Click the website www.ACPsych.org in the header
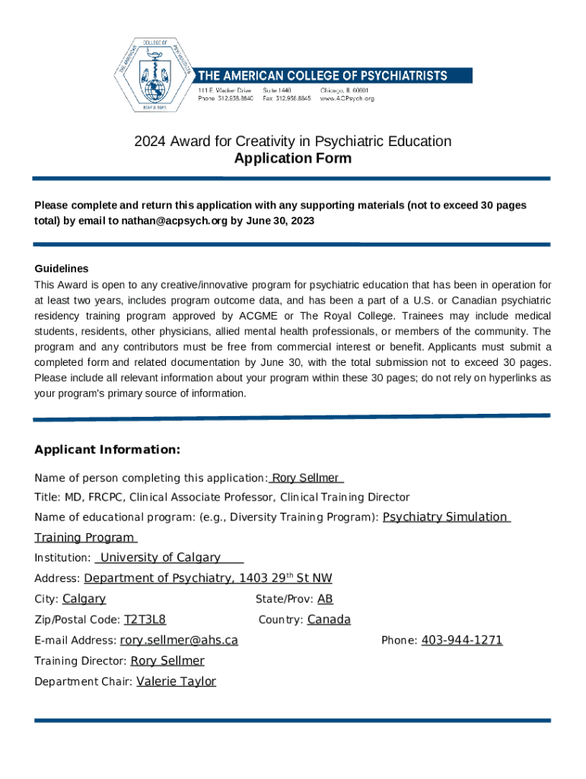coord(347,98)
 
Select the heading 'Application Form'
coord(292,158)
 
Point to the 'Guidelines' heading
coord(62,269)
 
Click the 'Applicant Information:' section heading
coord(107,450)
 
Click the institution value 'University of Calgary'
coord(161,558)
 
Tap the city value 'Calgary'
coord(84,599)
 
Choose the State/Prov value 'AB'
coord(325,599)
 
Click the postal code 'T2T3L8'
coord(145,619)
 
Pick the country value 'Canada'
coord(329,619)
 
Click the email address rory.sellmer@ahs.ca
coord(179,641)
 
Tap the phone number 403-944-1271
coord(461,641)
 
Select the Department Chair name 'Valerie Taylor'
coord(176,682)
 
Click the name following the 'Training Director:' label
coord(167,661)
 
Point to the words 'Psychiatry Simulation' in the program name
coord(445,517)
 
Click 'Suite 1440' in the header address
coord(277,90)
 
